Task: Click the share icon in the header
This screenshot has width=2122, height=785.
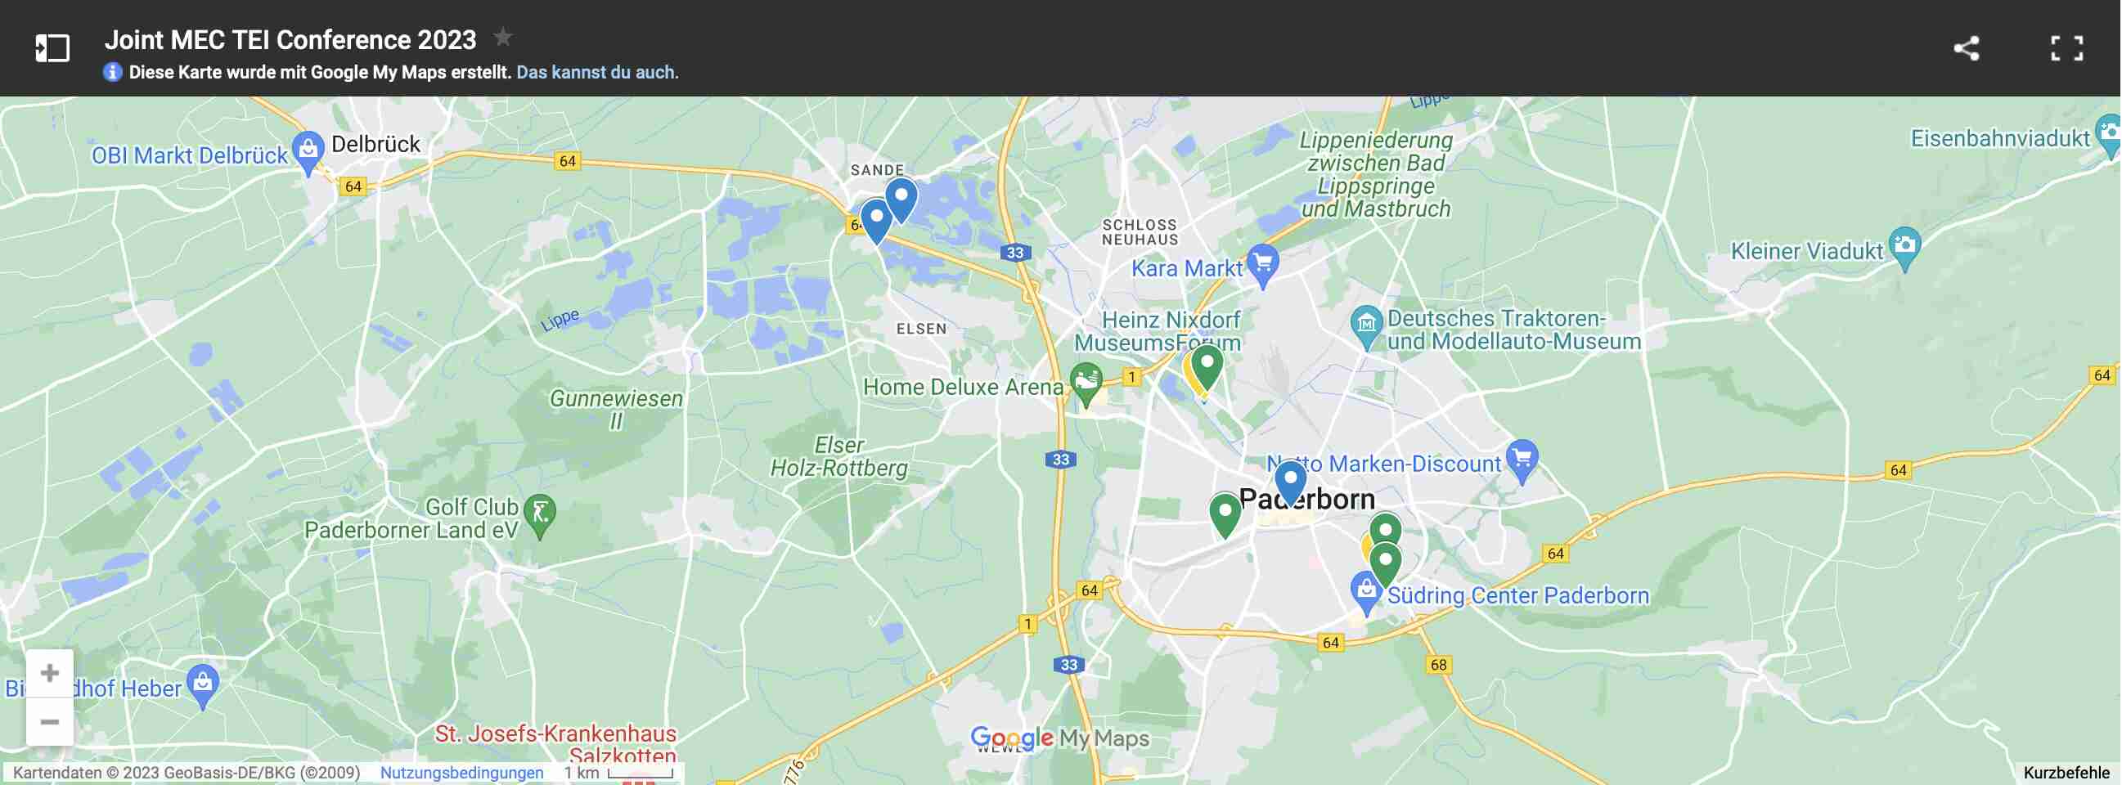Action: pyautogui.click(x=1967, y=47)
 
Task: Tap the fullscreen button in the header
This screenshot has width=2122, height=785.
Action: pyautogui.click(x=2066, y=47)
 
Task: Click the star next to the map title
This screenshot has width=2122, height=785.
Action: pyautogui.click(x=502, y=37)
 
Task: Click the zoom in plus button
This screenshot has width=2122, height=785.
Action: pyautogui.click(x=49, y=673)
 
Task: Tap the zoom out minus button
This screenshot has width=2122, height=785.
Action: pyautogui.click(x=49, y=721)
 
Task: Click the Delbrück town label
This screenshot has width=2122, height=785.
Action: pyautogui.click(x=375, y=144)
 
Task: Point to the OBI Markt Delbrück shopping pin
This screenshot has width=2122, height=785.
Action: pyautogui.click(x=308, y=150)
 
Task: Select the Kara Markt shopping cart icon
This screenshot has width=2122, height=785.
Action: pyautogui.click(x=1262, y=263)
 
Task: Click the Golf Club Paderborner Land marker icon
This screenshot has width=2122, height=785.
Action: pyautogui.click(x=540, y=514)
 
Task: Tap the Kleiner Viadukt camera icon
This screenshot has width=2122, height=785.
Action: pyautogui.click(x=1904, y=245)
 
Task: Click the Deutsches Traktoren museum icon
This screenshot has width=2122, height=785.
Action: pyautogui.click(x=1366, y=324)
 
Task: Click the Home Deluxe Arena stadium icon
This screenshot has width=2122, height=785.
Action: pyautogui.click(x=1086, y=381)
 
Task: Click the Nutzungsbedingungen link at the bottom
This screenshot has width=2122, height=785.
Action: pyautogui.click(x=461, y=773)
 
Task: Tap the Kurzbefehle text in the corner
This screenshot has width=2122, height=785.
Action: pyautogui.click(x=2066, y=773)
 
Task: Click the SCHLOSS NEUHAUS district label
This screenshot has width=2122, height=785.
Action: pyautogui.click(x=1140, y=232)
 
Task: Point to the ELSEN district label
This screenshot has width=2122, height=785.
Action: pyautogui.click(x=921, y=329)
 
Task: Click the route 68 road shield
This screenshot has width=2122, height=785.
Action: pyautogui.click(x=1438, y=665)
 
